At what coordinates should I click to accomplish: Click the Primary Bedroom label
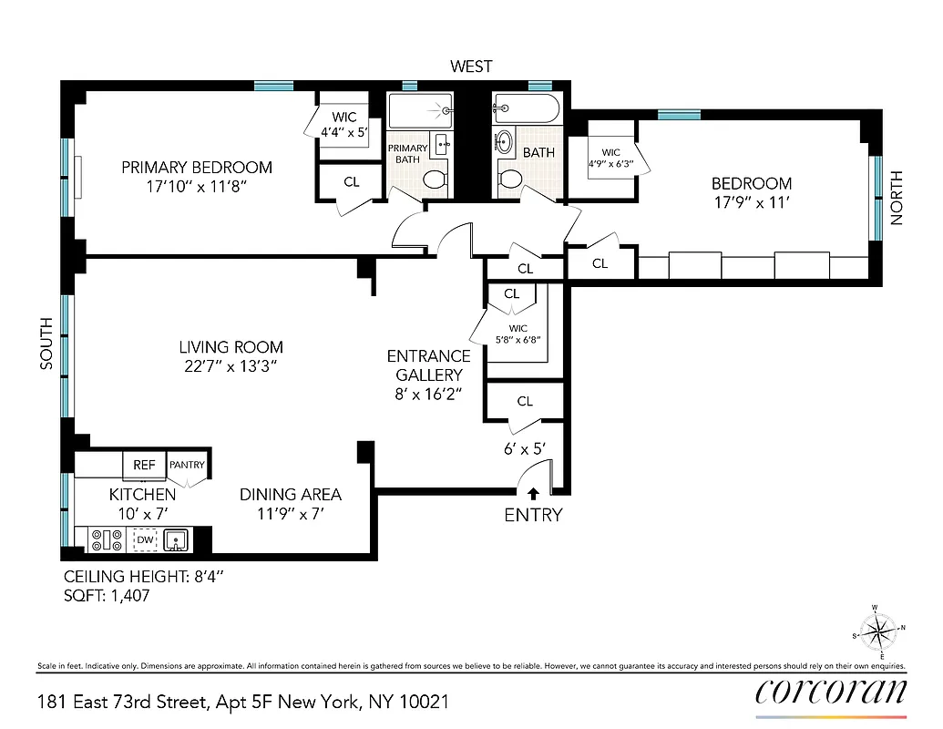[x=197, y=167]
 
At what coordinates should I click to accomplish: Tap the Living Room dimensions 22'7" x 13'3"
[x=231, y=365]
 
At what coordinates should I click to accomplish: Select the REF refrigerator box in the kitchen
[x=144, y=465]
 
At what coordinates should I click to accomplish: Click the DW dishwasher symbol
[x=144, y=540]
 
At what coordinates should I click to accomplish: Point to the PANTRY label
[x=188, y=465]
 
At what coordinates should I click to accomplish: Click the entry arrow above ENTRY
[x=533, y=492]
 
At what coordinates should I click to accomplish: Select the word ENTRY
[x=533, y=515]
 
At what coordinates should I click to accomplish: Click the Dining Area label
[x=291, y=495]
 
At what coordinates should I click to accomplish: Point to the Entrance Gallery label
[x=428, y=365]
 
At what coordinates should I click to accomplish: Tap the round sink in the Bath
[x=505, y=142]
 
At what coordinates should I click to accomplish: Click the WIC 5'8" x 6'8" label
[x=518, y=334]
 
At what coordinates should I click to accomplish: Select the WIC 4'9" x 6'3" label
[x=611, y=159]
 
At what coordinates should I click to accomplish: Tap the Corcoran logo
[x=831, y=693]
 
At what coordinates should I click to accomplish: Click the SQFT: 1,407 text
[x=107, y=596]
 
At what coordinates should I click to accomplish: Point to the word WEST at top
[x=471, y=66]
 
